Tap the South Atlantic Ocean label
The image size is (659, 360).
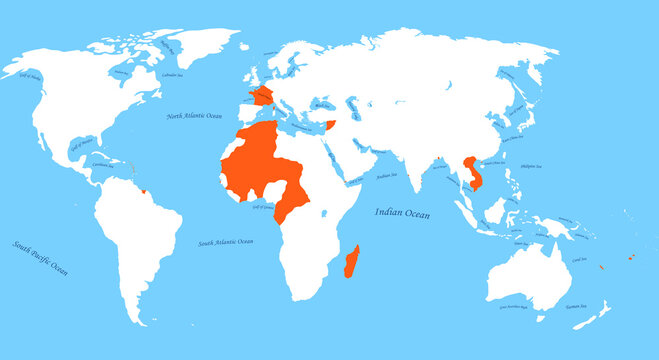[226, 241]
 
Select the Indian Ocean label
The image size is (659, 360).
[403, 212]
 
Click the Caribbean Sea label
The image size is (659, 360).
[101, 166]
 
